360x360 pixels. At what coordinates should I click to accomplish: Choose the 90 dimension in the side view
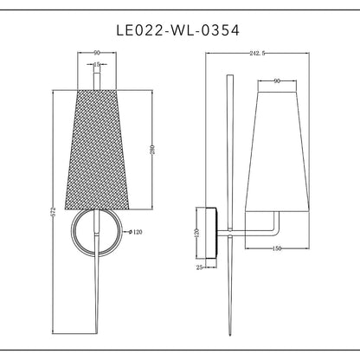point(276,80)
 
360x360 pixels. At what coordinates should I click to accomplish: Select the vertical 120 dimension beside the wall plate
point(196,233)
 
